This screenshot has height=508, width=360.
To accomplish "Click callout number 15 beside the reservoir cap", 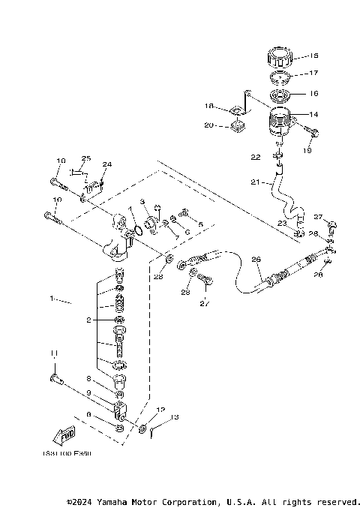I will tap(313, 56).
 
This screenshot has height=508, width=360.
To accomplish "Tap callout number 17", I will tap(313, 74).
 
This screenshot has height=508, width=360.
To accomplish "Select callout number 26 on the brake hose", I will tap(256, 260).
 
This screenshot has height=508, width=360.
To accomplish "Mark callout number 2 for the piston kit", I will tap(88, 320).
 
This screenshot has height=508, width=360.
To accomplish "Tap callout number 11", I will tap(53, 353).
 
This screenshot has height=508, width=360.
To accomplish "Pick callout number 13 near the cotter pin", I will tap(175, 417).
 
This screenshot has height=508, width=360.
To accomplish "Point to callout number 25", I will tap(85, 158).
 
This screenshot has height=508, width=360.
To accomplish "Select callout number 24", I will tap(107, 164).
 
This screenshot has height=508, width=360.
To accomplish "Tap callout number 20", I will tap(209, 125).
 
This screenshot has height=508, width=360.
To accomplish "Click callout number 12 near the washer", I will tap(159, 410).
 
